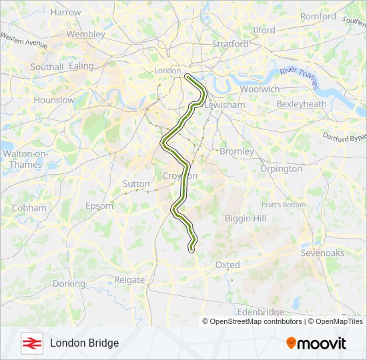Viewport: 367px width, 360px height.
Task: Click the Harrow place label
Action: (x=65, y=12)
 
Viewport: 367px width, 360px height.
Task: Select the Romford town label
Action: (x=318, y=16)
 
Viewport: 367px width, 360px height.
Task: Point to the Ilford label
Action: (x=264, y=30)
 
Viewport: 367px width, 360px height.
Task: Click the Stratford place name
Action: (x=230, y=44)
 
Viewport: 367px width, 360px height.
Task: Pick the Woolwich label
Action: (x=260, y=89)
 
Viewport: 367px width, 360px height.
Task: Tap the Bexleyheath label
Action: (x=301, y=104)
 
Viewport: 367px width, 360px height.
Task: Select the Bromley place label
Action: (x=236, y=151)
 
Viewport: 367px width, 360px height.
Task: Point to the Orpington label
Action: (x=281, y=169)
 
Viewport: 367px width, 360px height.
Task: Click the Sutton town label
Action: (x=136, y=183)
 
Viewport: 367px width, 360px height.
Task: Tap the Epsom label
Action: (x=99, y=206)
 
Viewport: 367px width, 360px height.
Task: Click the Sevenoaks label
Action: (x=322, y=253)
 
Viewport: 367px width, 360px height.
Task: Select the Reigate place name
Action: (x=129, y=280)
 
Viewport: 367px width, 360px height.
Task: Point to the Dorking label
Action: (x=69, y=283)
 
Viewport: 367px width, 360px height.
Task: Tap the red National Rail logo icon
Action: (x=31, y=343)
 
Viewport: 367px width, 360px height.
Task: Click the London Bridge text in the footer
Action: (x=84, y=343)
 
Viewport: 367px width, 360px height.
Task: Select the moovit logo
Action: (x=316, y=343)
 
